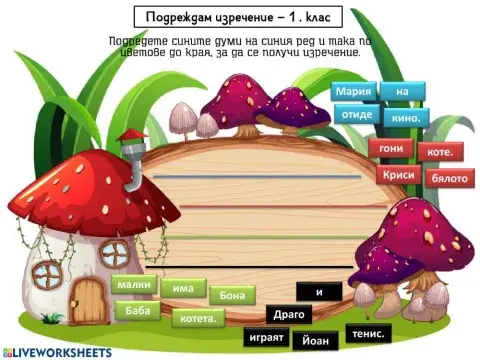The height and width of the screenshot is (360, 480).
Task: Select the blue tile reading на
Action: click(402, 92)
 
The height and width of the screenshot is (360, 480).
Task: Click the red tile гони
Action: click(389, 149)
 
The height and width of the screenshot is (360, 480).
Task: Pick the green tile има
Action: click(182, 288)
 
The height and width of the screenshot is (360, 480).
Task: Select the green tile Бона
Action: click(232, 295)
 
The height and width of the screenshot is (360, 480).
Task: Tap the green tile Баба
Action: click(137, 310)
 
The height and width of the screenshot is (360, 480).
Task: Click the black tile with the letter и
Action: click(319, 292)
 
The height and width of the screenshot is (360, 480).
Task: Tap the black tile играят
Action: click(265, 337)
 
